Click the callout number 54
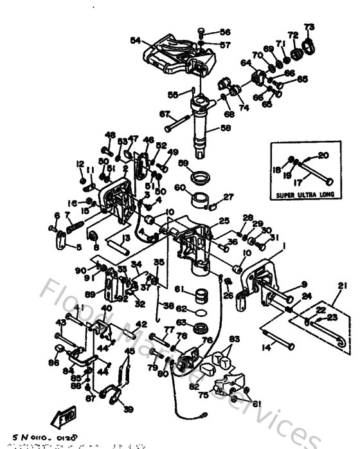(134, 40)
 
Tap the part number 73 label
(309, 26)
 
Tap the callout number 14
(266, 348)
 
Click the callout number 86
(52, 363)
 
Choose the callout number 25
(224, 221)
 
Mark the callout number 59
(183, 163)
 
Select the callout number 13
(127, 238)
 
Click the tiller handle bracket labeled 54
(174, 55)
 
